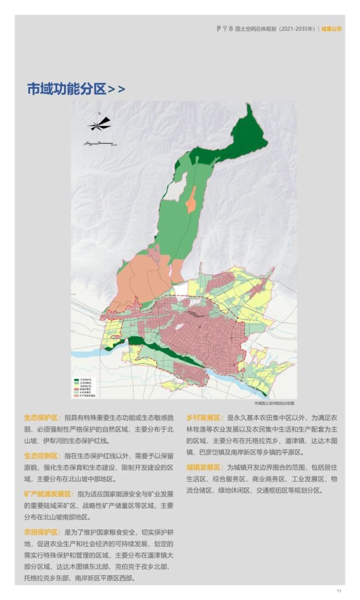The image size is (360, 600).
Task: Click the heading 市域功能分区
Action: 66,89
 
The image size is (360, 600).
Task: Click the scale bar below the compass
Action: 99,144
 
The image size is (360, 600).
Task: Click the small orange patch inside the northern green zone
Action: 192,200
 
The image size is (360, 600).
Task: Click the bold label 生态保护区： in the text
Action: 42,419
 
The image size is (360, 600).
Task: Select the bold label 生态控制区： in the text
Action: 42,456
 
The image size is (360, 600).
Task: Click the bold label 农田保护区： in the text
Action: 42,531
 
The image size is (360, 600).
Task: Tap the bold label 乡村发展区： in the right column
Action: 205,419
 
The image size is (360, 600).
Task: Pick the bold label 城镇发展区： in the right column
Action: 205,467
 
